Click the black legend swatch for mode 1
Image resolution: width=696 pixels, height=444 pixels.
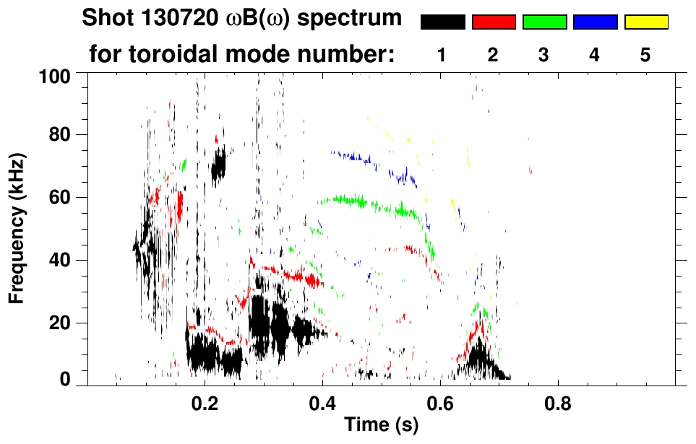pos(442,22)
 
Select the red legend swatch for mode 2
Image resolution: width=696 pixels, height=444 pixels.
pos(494,22)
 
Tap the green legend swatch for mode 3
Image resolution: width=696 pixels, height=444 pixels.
pos(544,22)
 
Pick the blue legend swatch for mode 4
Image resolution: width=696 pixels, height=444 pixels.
pos(595,22)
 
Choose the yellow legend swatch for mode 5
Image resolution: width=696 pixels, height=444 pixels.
pos(645,22)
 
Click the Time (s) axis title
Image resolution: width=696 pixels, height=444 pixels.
pos(381,425)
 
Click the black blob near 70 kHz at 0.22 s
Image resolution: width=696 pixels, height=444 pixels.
pos(218,165)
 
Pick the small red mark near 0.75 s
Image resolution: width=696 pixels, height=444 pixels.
pos(530,171)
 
